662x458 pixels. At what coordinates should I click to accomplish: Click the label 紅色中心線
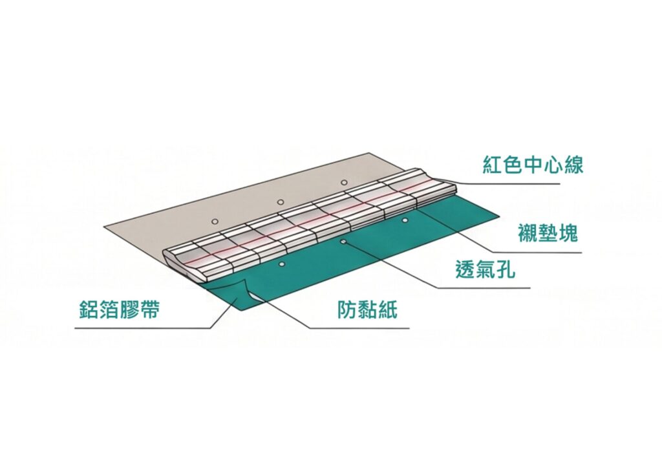(x=533, y=164)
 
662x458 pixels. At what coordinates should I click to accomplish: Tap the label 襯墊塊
(x=548, y=233)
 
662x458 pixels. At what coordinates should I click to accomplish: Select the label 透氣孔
(x=486, y=269)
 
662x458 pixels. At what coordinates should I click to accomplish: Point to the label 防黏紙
(x=367, y=309)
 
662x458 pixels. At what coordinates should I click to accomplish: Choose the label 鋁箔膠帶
(x=120, y=309)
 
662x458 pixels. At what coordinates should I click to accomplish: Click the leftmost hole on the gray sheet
(x=215, y=222)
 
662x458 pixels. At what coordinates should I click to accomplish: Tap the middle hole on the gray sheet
(x=281, y=202)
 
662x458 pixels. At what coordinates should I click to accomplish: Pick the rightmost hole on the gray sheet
(x=344, y=183)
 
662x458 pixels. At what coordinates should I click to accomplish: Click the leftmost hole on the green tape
(x=282, y=264)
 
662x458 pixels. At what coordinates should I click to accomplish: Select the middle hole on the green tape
(x=344, y=242)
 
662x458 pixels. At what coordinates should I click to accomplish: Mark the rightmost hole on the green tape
(x=405, y=220)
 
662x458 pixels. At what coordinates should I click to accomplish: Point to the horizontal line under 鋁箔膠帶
(x=143, y=328)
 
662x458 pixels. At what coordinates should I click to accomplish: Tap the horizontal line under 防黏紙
(x=359, y=328)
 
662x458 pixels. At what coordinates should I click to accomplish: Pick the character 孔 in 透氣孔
(x=506, y=269)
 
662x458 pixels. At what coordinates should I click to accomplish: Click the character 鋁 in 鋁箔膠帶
(x=90, y=309)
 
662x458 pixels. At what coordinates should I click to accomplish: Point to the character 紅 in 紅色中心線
(x=493, y=164)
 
